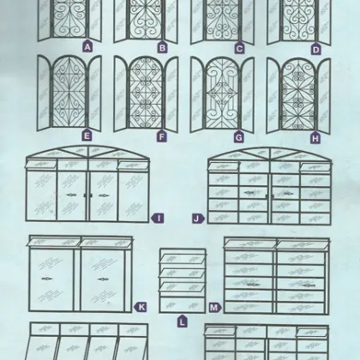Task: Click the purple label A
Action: click(87, 46)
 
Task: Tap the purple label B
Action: click(162, 47)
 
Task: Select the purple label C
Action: click(239, 49)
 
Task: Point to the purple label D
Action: click(315, 50)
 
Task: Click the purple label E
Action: click(87, 135)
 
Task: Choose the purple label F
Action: click(162, 136)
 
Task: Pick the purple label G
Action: click(239, 137)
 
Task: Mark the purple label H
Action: click(315, 139)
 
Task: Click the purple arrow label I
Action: click(158, 219)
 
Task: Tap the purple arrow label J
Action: click(199, 219)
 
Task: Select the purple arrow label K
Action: click(141, 307)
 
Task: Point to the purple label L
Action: click(183, 321)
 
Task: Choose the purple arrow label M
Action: click(215, 308)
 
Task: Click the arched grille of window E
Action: click(69, 92)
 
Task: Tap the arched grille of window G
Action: click(222, 93)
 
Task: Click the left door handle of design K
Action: click(45, 279)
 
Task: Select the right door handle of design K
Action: click(103, 279)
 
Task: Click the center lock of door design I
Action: click(88, 195)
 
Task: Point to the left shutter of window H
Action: click(273, 96)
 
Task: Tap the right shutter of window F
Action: click(171, 94)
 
